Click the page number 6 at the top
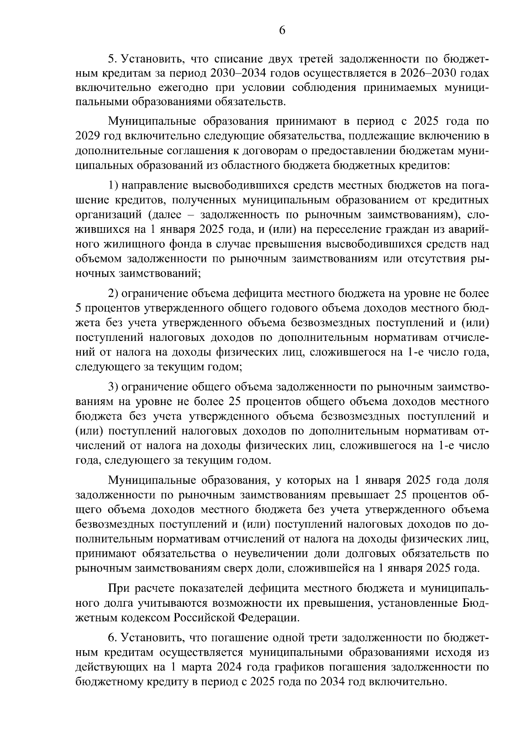click(x=282, y=30)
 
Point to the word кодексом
click(x=144, y=618)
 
